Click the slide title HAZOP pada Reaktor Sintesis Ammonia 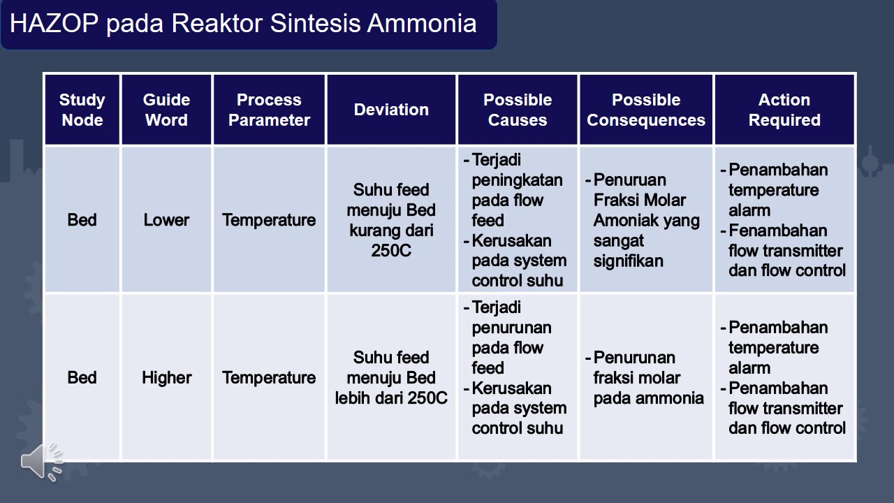pos(243,24)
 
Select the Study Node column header pos(82,110)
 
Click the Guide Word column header pos(166,110)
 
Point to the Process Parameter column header pos(269,110)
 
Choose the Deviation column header pos(391,110)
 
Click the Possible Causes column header pos(518,110)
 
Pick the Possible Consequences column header pos(646,110)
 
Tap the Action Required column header pos(784,110)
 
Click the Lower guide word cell pos(166,220)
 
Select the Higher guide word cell pos(166,378)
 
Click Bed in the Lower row pos(82,220)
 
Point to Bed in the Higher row pos(82,378)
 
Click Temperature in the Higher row pos(269,378)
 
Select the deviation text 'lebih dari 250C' pos(391,398)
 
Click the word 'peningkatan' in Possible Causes pos(517,180)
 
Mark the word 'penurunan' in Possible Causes pos(511,328)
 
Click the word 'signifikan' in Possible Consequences pos(628,261)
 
